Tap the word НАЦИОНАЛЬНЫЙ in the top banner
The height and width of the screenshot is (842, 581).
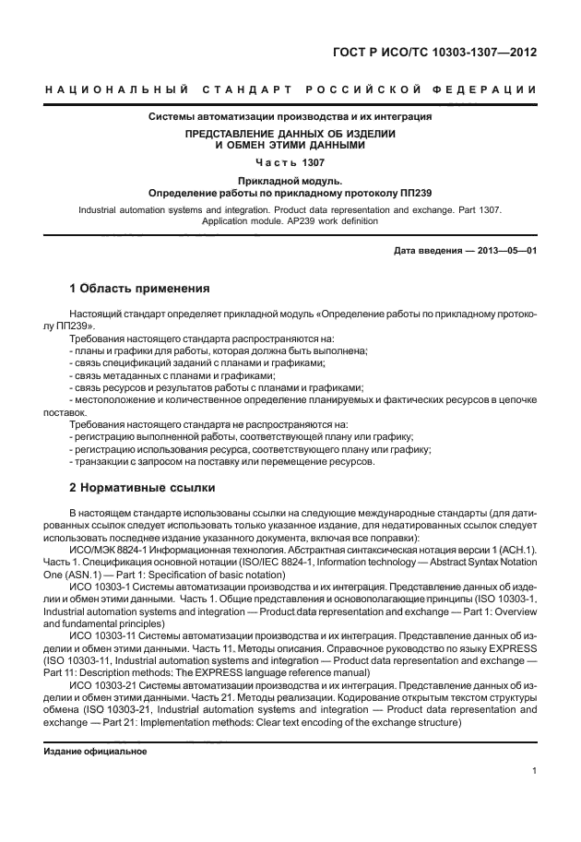coord(116,89)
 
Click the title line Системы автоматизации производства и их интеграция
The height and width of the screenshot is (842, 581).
coord(290,117)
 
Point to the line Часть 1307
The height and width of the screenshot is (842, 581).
coord(290,162)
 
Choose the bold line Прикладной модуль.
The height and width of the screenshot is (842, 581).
coord(290,182)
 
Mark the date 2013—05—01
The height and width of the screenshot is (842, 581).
coord(505,251)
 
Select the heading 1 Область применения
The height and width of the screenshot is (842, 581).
coord(139,288)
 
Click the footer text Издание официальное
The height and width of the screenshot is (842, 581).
coord(95,751)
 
